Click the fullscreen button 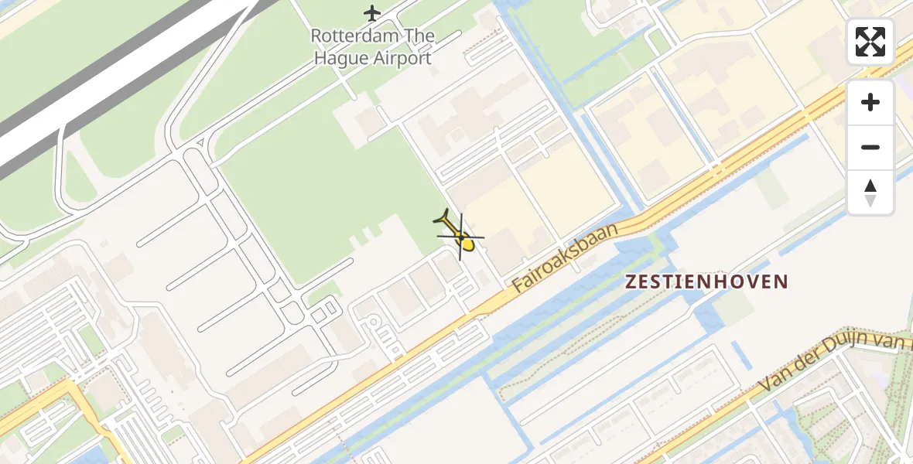tap(870, 42)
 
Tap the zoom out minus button tap(870, 147)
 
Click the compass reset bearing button tap(870, 193)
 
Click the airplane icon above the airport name tap(372, 13)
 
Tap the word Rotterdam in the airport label tap(355, 36)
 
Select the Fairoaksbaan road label tap(566, 258)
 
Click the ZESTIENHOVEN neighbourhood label tap(706, 282)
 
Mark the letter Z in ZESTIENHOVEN tap(631, 282)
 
